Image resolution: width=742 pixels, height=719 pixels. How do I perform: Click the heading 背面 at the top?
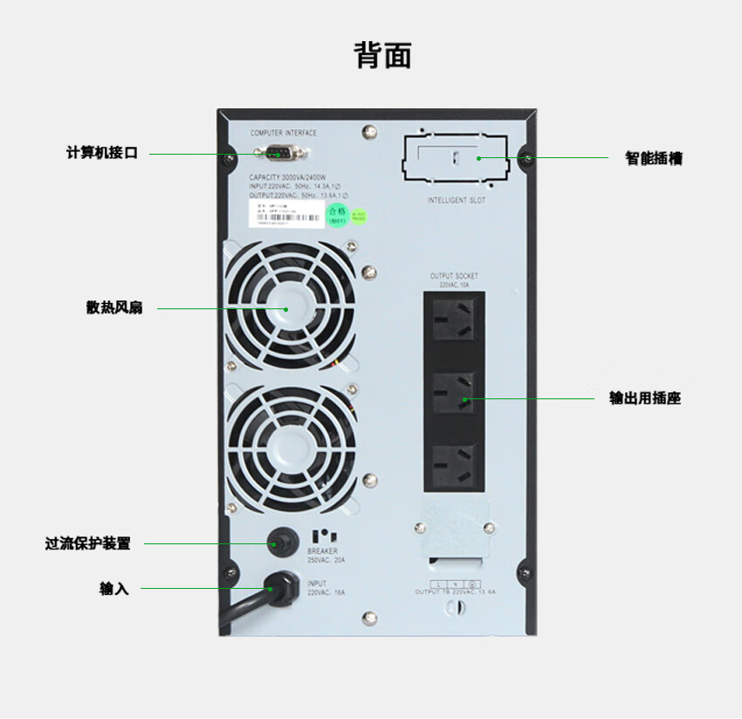point(382,55)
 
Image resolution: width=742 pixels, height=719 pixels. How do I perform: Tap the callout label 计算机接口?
point(102,153)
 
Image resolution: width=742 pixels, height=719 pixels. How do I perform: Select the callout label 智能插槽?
point(654,158)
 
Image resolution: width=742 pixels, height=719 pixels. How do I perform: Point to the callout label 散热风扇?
point(114,308)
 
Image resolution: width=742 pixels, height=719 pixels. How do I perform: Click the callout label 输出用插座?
point(645,398)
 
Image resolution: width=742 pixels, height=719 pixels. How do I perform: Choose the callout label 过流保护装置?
point(88,543)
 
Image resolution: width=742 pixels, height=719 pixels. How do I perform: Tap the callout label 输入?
point(114,589)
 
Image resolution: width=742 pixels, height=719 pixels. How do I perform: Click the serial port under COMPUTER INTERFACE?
point(279,155)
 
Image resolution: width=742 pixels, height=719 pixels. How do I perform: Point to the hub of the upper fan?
point(289,308)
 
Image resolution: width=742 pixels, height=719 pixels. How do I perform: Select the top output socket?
point(455,321)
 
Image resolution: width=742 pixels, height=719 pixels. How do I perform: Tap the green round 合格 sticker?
point(337,214)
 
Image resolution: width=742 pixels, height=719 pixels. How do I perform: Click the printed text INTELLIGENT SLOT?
point(457,201)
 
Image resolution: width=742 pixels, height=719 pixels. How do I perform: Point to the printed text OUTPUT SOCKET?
point(454,276)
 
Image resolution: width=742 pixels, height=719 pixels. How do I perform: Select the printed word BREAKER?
point(322,551)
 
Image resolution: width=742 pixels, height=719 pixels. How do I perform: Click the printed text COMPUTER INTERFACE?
point(284,133)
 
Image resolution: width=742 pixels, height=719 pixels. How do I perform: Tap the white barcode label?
point(285,215)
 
